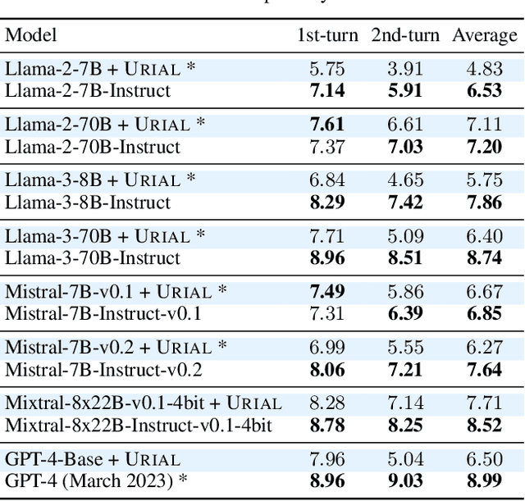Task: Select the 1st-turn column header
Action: click(x=327, y=36)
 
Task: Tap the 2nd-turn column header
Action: click(x=405, y=36)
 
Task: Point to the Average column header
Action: click(x=485, y=36)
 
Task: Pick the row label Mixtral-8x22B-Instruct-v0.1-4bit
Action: click(x=139, y=426)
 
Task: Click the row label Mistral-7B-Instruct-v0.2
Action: click(x=103, y=370)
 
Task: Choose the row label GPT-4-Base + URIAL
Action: click(x=93, y=459)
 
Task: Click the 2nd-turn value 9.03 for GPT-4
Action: click(x=405, y=481)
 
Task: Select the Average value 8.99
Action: click(x=485, y=481)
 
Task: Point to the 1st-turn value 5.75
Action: click(x=327, y=70)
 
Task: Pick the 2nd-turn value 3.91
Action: click(x=405, y=70)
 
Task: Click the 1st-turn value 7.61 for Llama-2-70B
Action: click(x=327, y=125)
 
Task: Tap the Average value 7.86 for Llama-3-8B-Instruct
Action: click(x=485, y=203)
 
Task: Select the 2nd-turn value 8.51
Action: click(x=405, y=258)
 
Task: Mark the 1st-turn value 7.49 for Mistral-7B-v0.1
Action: click(x=327, y=292)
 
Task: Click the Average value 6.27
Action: click(x=485, y=348)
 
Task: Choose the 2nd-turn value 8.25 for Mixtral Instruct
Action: click(x=405, y=426)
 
